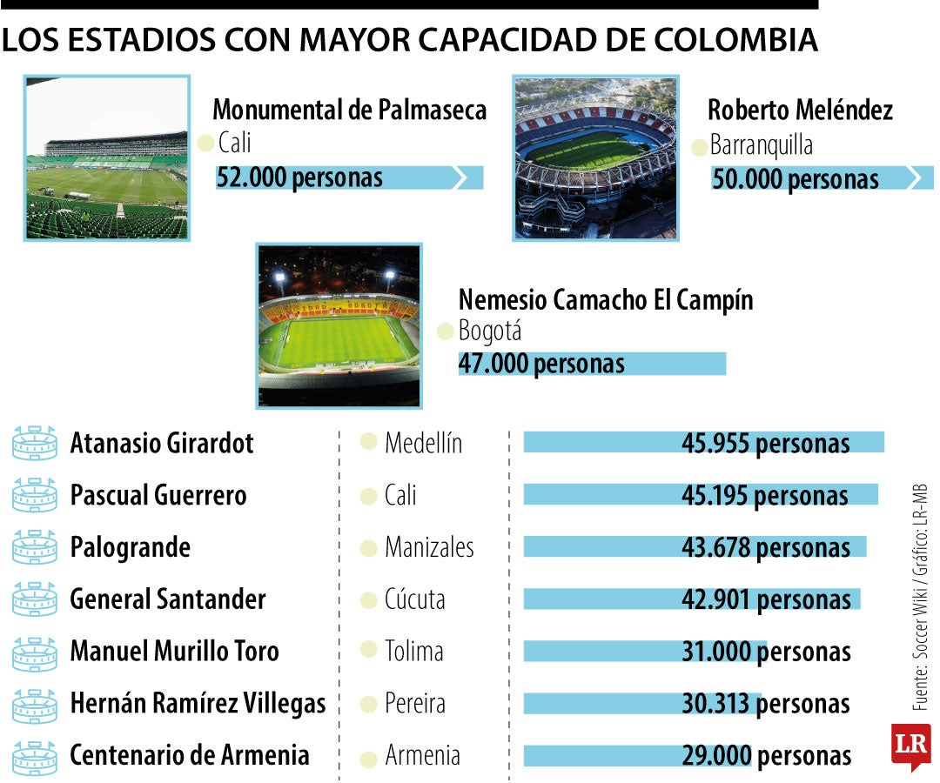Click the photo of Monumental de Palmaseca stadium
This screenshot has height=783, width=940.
pyautogui.click(x=107, y=157)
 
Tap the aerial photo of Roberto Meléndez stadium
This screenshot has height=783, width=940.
pyautogui.click(x=594, y=157)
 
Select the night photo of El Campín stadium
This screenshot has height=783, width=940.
pyautogui.click(x=339, y=325)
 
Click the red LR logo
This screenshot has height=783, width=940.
pyautogui.click(x=910, y=745)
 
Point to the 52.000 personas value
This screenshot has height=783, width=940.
pyautogui.click(x=299, y=177)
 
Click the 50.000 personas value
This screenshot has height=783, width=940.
pyautogui.click(x=796, y=179)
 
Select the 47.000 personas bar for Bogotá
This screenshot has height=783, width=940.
pyautogui.click(x=592, y=363)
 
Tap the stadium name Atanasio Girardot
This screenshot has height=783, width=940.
pyautogui.click(x=162, y=443)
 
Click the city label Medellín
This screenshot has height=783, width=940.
pyautogui.click(x=423, y=443)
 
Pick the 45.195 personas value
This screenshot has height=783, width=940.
pyautogui.click(x=765, y=495)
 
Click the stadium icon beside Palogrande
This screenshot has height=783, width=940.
pyautogui.click(x=35, y=547)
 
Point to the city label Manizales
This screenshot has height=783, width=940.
pyautogui.click(x=429, y=547)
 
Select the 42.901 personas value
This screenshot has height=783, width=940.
pyautogui.click(x=766, y=599)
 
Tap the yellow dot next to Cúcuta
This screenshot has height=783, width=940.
pyautogui.click(x=368, y=599)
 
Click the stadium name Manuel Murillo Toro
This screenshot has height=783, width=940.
pyautogui.click(x=174, y=651)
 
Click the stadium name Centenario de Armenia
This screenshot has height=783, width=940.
pyautogui.click(x=189, y=754)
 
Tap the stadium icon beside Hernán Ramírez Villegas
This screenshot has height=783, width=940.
pyautogui.click(x=35, y=704)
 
